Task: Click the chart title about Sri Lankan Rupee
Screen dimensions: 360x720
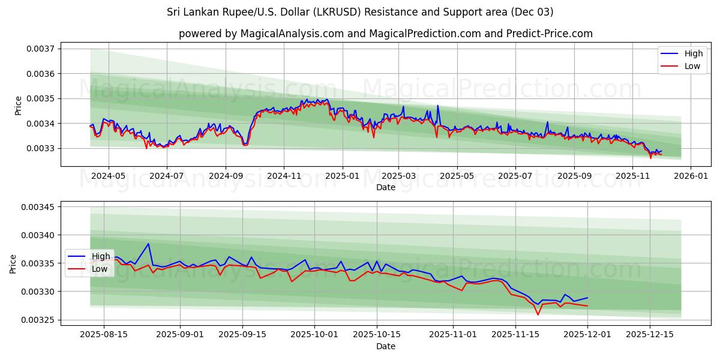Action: click(x=360, y=12)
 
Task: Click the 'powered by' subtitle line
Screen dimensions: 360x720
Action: click(x=385, y=34)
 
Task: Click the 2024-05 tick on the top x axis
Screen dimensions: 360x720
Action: click(x=109, y=176)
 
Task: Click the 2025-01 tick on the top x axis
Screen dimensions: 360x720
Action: click(x=342, y=176)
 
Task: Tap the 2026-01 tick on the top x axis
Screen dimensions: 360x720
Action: click(x=691, y=176)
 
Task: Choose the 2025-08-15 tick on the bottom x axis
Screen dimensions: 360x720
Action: click(x=104, y=335)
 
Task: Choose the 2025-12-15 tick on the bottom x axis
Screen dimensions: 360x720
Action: click(x=649, y=335)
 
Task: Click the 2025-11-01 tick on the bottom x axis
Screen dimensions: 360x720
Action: click(x=454, y=335)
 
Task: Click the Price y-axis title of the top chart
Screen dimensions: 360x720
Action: click(x=18, y=105)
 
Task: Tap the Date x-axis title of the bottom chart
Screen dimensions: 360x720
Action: click(x=385, y=346)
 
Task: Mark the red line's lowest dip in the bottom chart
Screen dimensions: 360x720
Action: click(x=538, y=314)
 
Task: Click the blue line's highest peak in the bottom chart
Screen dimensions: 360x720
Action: click(x=148, y=244)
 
